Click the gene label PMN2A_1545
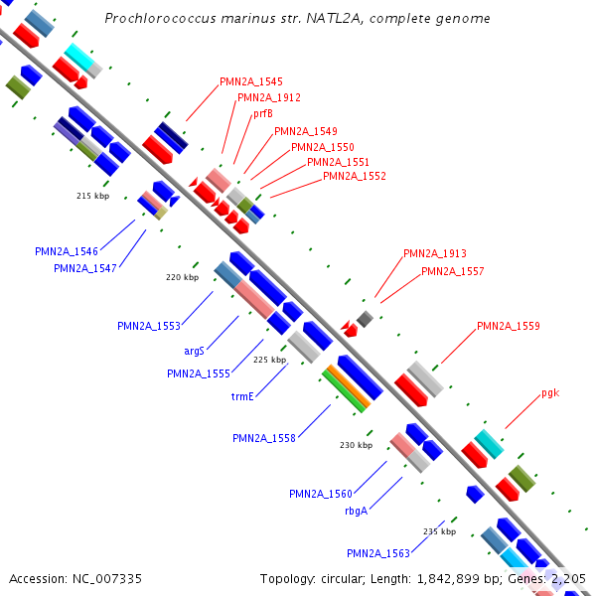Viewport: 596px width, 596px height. tap(251, 81)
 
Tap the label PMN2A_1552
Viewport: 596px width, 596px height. tap(355, 177)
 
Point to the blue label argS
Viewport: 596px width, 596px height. tap(194, 351)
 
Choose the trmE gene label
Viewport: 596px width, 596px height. tap(243, 396)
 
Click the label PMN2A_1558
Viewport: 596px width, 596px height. tap(264, 438)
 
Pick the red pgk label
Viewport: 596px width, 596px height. tap(550, 393)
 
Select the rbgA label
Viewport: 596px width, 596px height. tap(356, 511)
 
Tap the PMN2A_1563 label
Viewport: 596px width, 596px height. tap(378, 553)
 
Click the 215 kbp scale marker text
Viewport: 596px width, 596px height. tap(92, 196)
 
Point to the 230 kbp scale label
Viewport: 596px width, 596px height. tap(356, 446)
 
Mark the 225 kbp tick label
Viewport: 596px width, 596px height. tap(269, 360)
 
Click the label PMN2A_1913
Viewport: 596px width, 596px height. tap(434, 254)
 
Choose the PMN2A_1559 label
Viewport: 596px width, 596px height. tap(509, 326)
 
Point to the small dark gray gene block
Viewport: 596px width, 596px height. tap(365, 319)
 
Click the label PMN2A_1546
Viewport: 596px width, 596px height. tap(67, 252)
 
